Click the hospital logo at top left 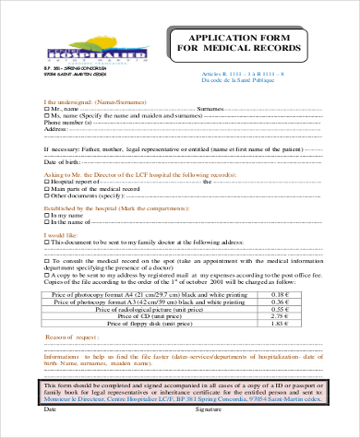click(80, 53)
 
